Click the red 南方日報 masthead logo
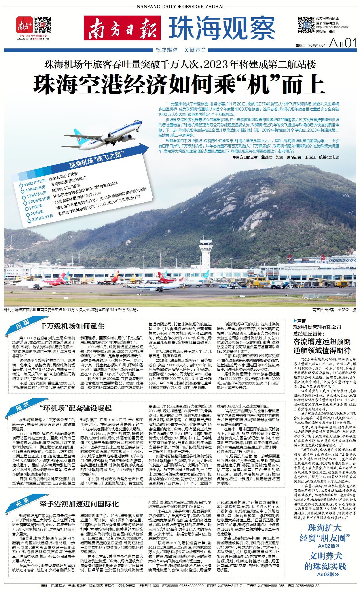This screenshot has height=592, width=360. [x=122, y=28]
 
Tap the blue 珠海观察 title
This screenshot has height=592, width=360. [x=222, y=28]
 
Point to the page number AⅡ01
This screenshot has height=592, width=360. [x=342, y=43]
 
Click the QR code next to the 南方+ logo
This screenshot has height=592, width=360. [x=42, y=25]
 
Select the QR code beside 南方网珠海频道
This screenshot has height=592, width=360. [x=306, y=25]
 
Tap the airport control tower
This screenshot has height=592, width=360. [x=207, y=254]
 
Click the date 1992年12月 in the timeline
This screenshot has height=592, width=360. [x=35, y=182]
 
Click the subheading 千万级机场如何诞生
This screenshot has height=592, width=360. [x=72, y=326]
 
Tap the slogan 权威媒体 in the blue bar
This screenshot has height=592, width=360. [x=167, y=50]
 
